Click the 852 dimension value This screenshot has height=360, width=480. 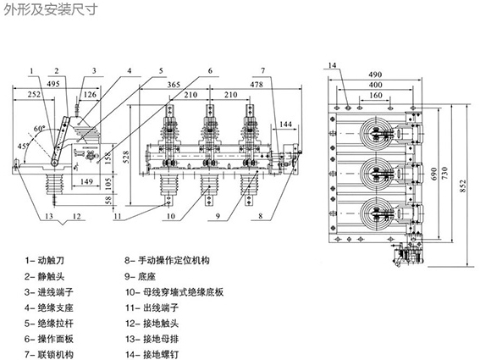[462, 186]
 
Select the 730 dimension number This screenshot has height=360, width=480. [444, 174]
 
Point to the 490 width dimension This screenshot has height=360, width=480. [375, 75]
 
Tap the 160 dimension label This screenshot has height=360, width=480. [375, 95]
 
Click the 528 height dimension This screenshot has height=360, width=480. [127, 157]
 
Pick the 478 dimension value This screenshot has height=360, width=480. [257, 84]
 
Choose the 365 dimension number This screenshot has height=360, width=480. [174, 84]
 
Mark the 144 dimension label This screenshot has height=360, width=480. [286, 124]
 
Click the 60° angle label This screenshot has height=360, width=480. [40, 129]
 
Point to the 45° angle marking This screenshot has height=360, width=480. [23, 146]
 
